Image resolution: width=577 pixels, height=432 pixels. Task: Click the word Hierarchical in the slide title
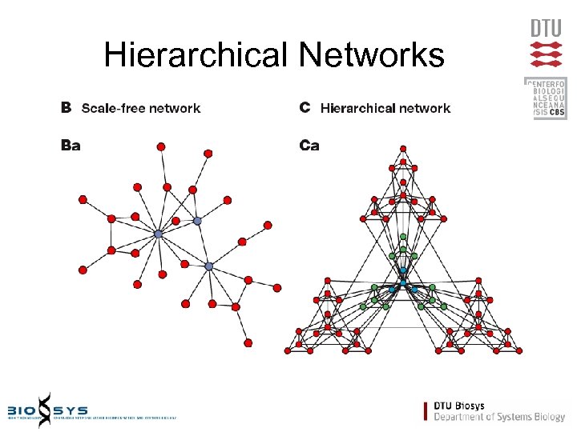196,55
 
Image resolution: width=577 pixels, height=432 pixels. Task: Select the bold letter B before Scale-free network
67,107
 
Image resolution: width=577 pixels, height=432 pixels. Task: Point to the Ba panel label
71,145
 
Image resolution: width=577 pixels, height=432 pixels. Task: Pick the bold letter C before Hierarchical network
305,107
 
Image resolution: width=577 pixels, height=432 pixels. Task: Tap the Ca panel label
309,145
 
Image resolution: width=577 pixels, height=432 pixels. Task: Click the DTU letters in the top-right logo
546,29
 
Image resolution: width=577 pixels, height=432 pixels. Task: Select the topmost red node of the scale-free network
161,146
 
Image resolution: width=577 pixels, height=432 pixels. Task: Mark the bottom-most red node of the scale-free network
248,342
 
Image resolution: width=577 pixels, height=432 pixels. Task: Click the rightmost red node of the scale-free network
277,287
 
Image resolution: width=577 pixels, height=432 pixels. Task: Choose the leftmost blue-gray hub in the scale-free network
159,234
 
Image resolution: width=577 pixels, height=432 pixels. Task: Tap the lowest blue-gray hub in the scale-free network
209,266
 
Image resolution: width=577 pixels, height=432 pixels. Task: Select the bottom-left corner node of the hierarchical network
288,350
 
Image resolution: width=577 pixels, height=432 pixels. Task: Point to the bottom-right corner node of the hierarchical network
518,350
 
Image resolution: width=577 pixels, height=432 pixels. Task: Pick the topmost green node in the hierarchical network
404,237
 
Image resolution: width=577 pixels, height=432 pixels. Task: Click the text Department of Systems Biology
499,416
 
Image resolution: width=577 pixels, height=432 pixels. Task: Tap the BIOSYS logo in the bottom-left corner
48,408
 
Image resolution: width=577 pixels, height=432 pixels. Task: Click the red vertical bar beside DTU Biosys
426,410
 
